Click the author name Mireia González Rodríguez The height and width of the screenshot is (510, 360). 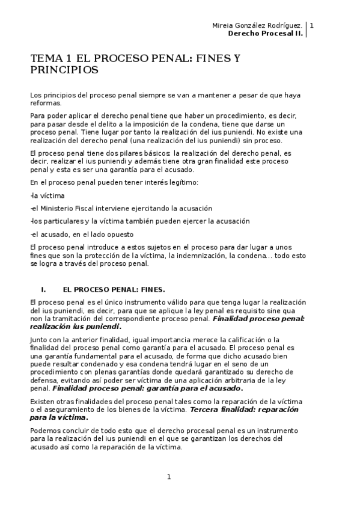(x=257, y=25)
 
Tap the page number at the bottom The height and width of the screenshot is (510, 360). (x=169, y=477)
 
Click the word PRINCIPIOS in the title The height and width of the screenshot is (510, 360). (x=64, y=70)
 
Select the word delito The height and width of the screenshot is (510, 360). (x=105, y=123)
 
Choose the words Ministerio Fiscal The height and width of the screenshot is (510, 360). (x=68, y=208)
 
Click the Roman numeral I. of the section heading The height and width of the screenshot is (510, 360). (x=43, y=289)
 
